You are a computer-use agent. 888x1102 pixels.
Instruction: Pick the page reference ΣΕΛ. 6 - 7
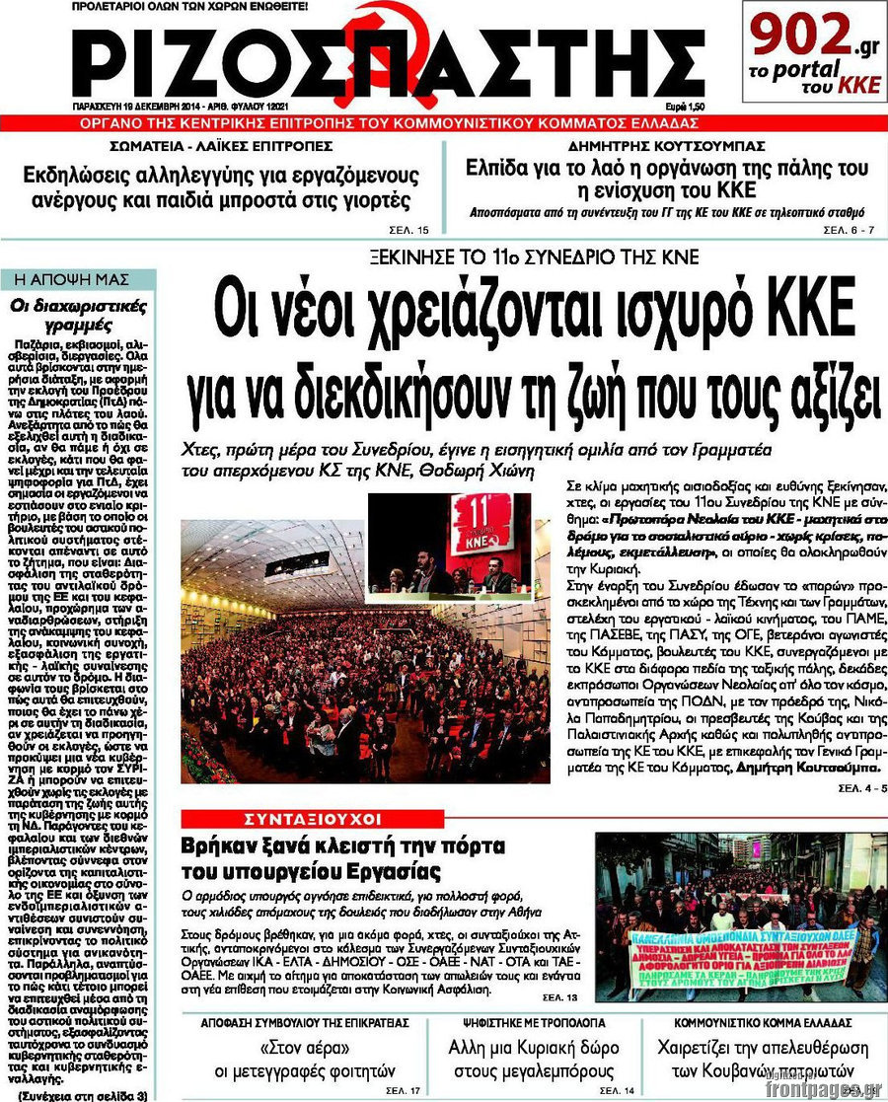[848, 230]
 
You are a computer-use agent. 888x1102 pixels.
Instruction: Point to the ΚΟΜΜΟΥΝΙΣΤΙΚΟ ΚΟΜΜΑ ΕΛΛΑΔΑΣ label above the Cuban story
[764, 1023]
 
